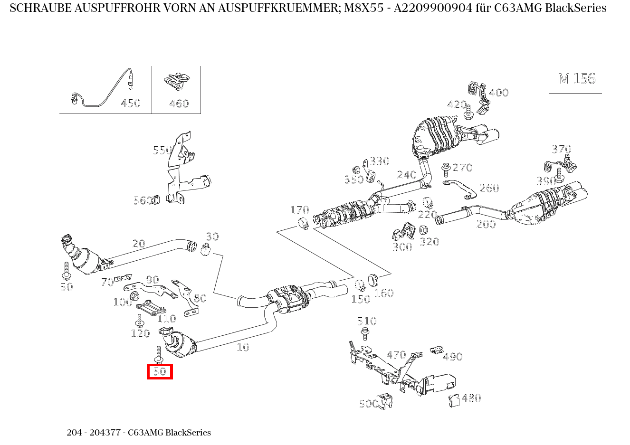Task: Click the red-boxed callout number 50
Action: (160, 371)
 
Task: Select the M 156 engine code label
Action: (576, 79)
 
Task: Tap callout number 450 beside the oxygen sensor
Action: (130, 104)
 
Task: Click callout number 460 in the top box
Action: (179, 104)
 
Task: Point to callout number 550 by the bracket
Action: (162, 151)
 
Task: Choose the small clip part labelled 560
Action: (156, 200)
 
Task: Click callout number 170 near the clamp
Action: (299, 210)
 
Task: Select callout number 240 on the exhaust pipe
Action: (407, 175)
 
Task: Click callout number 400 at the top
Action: (498, 93)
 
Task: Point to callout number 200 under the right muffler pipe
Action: (486, 224)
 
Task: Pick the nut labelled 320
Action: (423, 230)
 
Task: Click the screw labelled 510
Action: (365, 333)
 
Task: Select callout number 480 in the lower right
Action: (471, 398)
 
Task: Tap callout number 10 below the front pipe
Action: (243, 347)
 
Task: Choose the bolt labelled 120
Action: (140, 321)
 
